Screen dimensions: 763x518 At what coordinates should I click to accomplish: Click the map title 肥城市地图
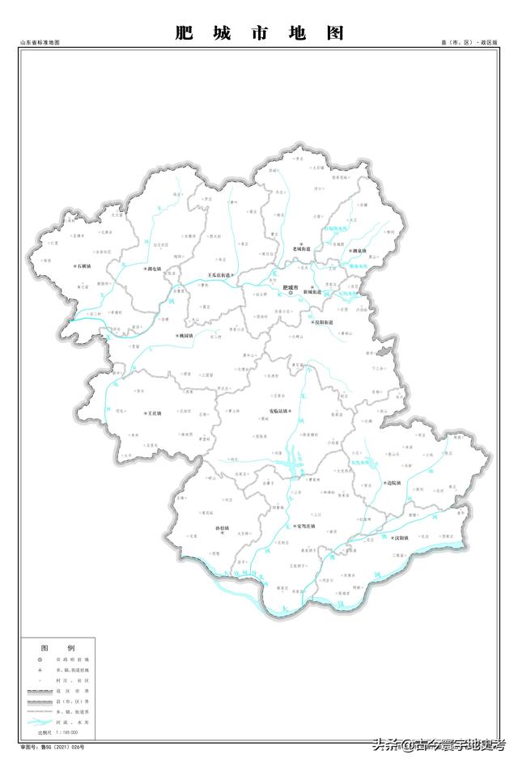pos(259,33)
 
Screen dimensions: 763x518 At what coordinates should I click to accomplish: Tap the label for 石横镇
pos(82,265)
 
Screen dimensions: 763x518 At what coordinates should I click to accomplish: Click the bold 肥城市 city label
pos(291,288)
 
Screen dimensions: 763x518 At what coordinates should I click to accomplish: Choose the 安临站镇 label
pos(281,410)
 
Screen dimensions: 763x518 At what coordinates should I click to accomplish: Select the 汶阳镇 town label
pos(401,538)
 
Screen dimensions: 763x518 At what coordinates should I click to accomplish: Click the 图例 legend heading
pos(57,648)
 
